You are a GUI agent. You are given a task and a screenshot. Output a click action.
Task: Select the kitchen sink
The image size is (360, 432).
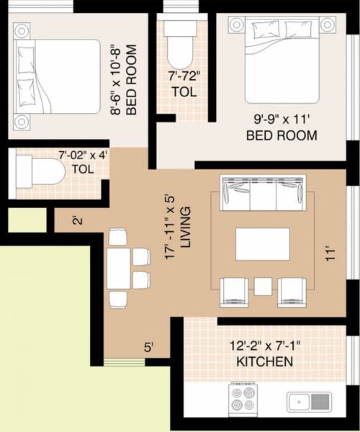coord(308,401)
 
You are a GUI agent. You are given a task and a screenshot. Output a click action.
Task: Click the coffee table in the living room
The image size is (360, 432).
coord(262,243)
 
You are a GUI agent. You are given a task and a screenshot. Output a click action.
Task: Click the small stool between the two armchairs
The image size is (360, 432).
coord(263,286)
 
